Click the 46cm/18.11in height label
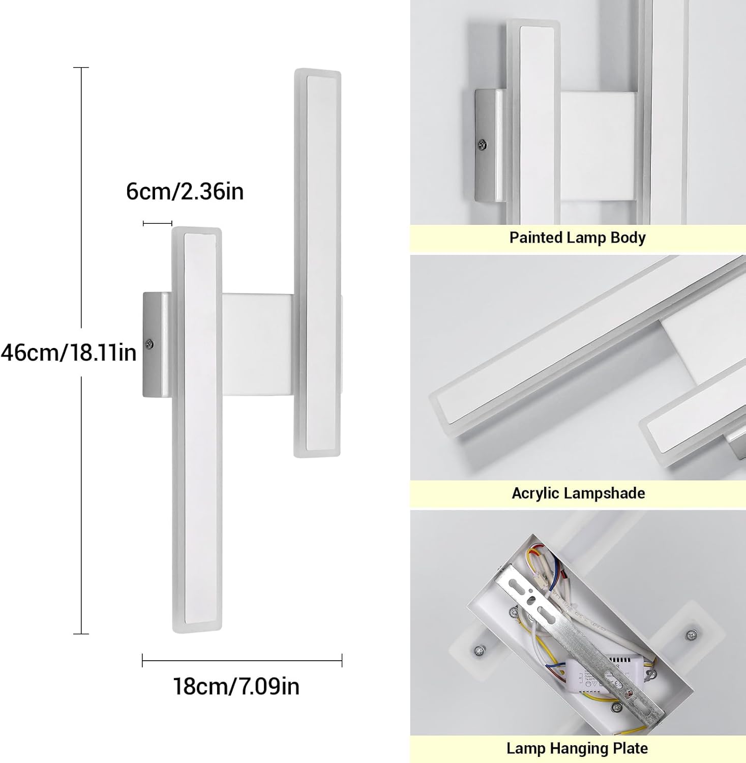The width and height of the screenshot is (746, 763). click(x=69, y=352)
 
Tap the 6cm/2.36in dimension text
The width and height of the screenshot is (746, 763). click(x=185, y=191)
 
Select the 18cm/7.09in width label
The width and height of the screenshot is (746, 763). click(x=236, y=686)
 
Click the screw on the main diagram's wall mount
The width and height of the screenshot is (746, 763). click(x=149, y=344)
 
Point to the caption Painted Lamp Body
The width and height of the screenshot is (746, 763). click(x=577, y=238)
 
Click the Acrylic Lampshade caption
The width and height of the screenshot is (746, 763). click(x=578, y=493)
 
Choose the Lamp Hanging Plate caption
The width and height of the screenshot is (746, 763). click(x=577, y=748)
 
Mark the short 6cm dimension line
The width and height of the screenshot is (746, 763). click(x=158, y=223)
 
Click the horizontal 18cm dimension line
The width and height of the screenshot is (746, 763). click(x=242, y=661)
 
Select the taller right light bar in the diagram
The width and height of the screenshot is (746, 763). click(x=317, y=262)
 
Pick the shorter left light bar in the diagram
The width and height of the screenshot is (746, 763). click(x=196, y=430)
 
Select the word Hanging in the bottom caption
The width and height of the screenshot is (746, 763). click(x=578, y=748)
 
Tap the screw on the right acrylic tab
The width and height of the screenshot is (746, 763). click(x=690, y=634)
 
